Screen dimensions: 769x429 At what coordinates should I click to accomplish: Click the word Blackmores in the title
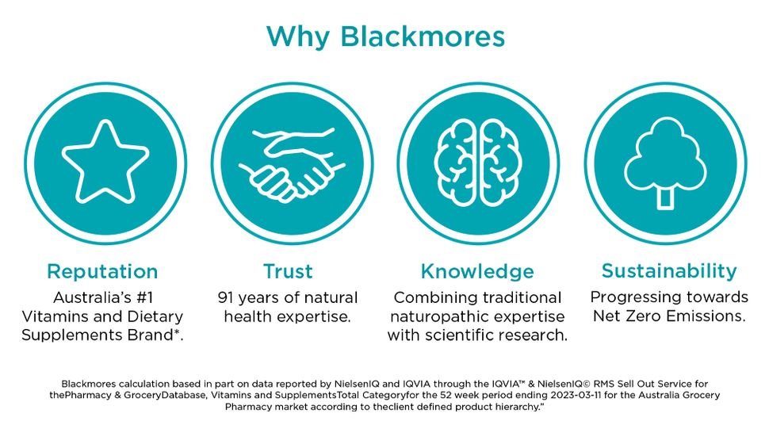(x=423, y=36)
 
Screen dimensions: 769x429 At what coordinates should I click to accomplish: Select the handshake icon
(x=292, y=163)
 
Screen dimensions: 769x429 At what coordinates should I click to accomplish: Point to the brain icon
(x=478, y=163)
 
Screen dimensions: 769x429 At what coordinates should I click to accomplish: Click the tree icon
(x=665, y=163)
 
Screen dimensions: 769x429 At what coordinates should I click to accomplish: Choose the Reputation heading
(x=102, y=271)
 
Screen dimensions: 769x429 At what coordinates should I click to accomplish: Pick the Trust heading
(x=288, y=271)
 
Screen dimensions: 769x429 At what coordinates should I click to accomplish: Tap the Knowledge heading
(x=477, y=271)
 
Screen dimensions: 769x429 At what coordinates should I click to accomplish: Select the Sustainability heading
(x=669, y=270)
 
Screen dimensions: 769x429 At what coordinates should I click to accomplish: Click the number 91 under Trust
(x=225, y=297)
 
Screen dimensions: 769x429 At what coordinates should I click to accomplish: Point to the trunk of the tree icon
(x=665, y=198)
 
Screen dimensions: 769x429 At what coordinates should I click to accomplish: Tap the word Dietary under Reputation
(x=155, y=316)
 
